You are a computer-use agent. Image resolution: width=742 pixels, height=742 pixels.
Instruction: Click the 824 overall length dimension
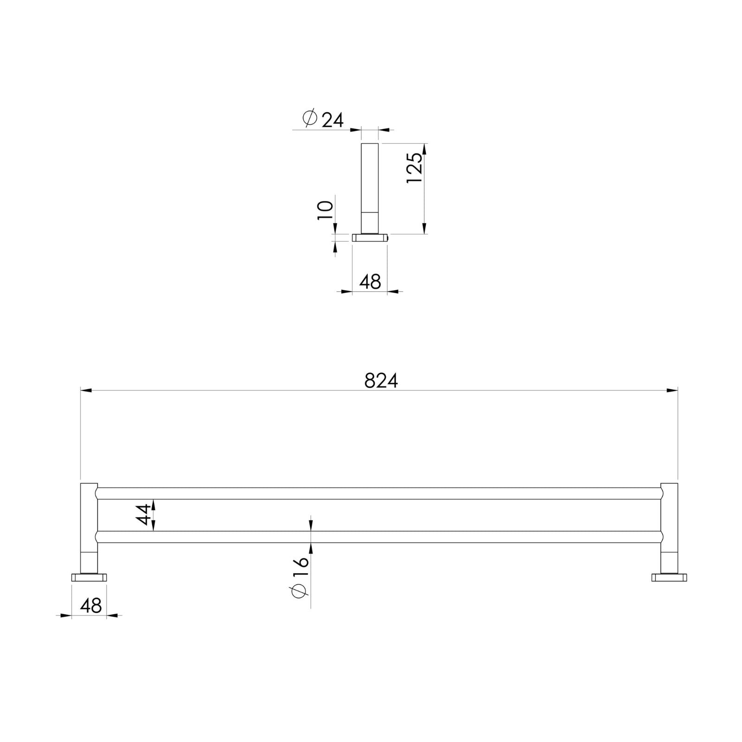(x=381, y=381)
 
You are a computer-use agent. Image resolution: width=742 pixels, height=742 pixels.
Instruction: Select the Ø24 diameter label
(x=323, y=119)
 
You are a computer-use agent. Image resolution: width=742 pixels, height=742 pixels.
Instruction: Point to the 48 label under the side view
(x=370, y=281)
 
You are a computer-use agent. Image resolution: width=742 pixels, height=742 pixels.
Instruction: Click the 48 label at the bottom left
(x=91, y=605)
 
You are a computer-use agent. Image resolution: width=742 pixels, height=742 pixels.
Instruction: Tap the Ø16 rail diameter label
(x=300, y=578)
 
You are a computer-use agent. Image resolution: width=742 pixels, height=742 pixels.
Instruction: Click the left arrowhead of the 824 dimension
(x=86, y=390)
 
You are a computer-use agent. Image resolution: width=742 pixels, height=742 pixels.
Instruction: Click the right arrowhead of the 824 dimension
(x=672, y=390)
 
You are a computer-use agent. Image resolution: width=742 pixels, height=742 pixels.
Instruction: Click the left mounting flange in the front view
(x=89, y=577)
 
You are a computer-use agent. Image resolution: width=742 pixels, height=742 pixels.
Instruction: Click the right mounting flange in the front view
(x=669, y=577)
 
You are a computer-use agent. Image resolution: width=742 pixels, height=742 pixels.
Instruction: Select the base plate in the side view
(x=370, y=238)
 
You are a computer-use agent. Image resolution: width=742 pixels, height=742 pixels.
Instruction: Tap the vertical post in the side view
(x=370, y=185)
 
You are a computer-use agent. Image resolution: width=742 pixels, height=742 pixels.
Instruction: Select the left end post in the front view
(x=89, y=524)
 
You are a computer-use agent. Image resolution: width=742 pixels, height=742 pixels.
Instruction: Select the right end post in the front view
(x=669, y=524)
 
